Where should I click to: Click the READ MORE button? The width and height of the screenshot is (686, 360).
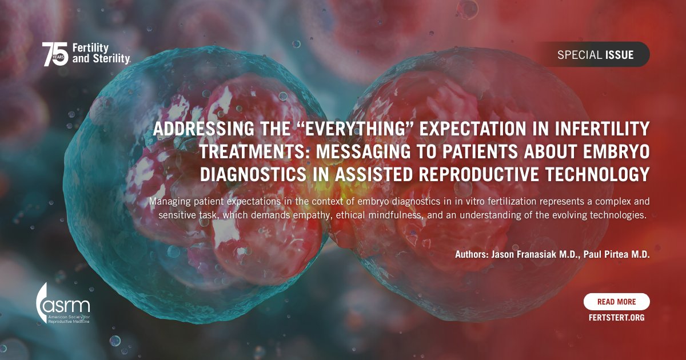[616, 302]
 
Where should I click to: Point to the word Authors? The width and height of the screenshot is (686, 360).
[471, 255]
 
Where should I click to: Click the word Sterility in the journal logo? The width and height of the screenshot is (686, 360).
[101, 58]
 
